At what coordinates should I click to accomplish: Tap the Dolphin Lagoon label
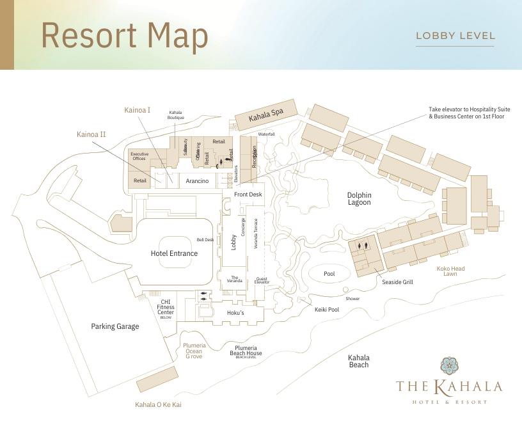pyautogui.click(x=359, y=198)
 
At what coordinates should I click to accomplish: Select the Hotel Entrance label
pyautogui.click(x=174, y=253)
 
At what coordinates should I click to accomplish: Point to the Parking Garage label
pyautogui.click(x=115, y=326)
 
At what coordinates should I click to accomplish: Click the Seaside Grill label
pyautogui.click(x=397, y=282)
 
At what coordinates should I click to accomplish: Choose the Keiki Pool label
pyautogui.click(x=327, y=309)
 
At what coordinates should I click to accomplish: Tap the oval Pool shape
pyautogui.click(x=329, y=274)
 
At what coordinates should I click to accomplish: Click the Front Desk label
pyautogui.click(x=248, y=195)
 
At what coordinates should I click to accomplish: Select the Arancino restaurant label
pyautogui.click(x=198, y=181)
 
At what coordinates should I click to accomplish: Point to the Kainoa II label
pyautogui.click(x=91, y=134)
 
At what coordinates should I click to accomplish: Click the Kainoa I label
pyautogui.click(x=138, y=110)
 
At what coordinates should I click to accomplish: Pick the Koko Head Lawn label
pyautogui.click(x=450, y=271)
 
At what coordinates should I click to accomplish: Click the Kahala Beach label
pyautogui.click(x=359, y=361)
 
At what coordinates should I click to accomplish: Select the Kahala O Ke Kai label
pyautogui.click(x=159, y=404)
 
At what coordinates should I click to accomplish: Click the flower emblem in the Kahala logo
pyautogui.click(x=450, y=365)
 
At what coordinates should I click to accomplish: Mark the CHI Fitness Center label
pyautogui.click(x=166, y=307)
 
